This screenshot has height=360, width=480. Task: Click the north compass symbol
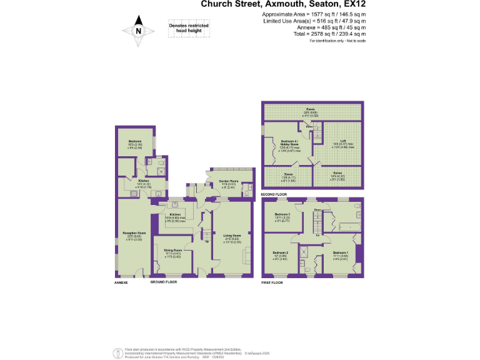[x=138, y=31]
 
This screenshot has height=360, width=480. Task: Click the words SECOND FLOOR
[x=274, y=195]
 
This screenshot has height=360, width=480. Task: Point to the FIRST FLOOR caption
[x=273, y=282]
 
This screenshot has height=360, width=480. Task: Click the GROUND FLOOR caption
[x=164, y=282]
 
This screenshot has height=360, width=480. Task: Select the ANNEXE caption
[x=121, y=282]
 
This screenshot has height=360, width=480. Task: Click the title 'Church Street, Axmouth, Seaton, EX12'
[x=283, y=5]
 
